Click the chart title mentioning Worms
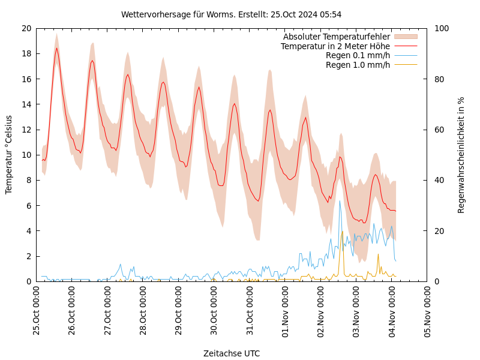[x=231, y=14]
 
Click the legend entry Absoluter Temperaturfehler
[x=336, y=37]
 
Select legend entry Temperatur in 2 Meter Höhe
[x=335, y=46]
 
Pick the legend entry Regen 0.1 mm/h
[x=358, y=56]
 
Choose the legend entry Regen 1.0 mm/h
[x=358, y=65]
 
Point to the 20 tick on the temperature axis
[x=26, y=28]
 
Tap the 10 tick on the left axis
[x=26, y=155]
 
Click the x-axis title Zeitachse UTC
[x=232, y=353]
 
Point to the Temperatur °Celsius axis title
[x=9, y=155]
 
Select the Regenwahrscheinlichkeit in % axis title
[x=461, y=155]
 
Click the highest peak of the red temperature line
[x=57, y=48]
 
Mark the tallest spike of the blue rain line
[x=340, y=201]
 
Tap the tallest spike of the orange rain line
[x=343, y=232]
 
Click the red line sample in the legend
[x=405, y=46]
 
